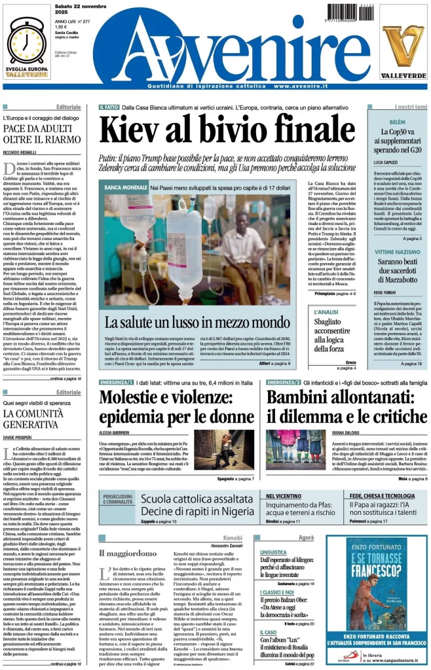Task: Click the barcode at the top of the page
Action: [354, 11]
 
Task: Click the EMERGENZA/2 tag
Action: [284, 381]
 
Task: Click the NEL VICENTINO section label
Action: [284, 497]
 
